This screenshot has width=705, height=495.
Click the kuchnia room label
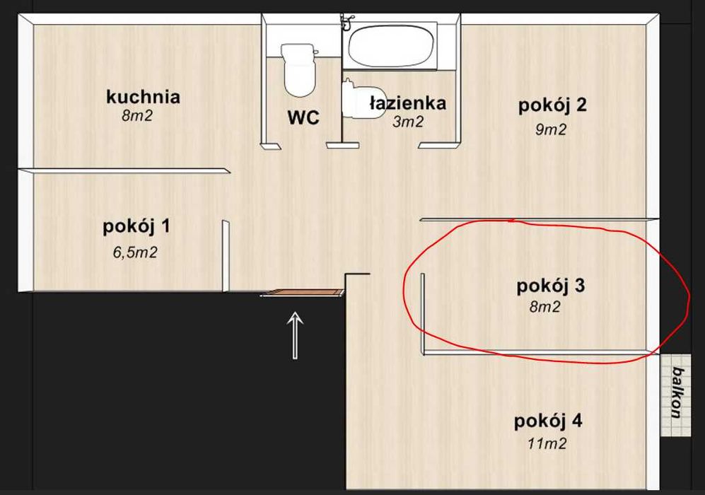(x=143, y=96)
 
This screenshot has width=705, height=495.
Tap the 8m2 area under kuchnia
(x=136, y=116)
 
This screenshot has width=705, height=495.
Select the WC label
(x=303, y=117)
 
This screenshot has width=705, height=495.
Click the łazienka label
(x=408, y=103)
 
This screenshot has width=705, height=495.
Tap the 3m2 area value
(x=408, y=122)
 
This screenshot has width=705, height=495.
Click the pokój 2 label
(x=552, y=105)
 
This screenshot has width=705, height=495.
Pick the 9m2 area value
(x=551, y=129)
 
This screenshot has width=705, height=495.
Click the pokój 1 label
(x=136, y=227)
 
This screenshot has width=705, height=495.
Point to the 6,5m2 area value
(x=134, y=252)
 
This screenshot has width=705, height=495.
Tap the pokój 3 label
(x=551, y=286)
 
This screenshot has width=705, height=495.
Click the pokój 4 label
(x=548, y=421)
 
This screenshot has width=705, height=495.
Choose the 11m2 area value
(x=547, y=444)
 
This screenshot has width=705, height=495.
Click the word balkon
(x=678, y=392)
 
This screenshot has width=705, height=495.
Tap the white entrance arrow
(x=296, y=335)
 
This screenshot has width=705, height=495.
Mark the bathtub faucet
(x=346, y=22)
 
